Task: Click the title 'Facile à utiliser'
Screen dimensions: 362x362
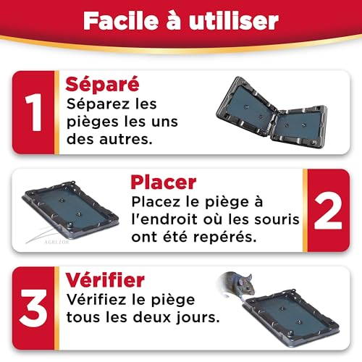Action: coord(180,20)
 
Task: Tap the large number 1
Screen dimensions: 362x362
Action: coord(33,112)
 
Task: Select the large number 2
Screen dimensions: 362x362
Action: coord(328,211)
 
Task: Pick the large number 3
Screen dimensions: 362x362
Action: coord(33,310)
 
